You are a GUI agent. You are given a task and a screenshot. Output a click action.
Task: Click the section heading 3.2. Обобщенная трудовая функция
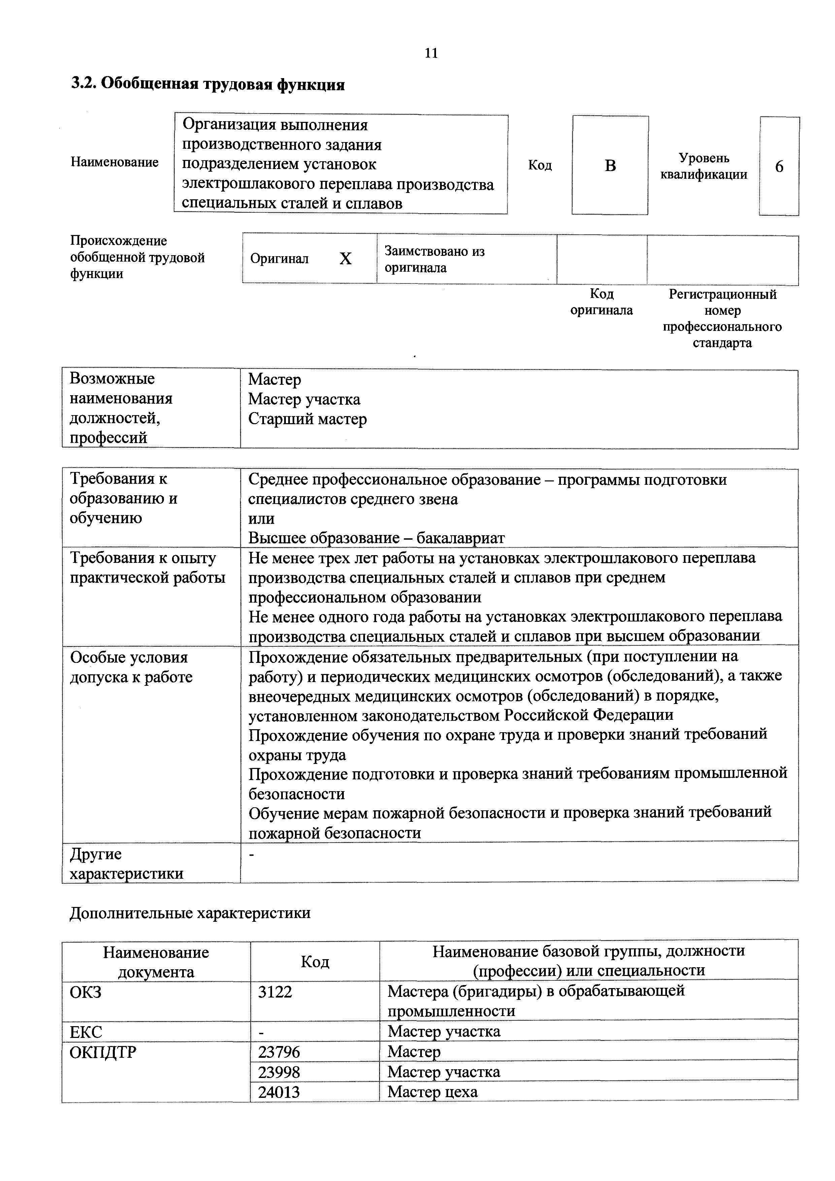pos(207,84)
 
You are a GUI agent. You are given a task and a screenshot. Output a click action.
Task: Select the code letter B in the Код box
pos(610,166)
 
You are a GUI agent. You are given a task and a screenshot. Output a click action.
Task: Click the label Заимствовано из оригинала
pos(435,259)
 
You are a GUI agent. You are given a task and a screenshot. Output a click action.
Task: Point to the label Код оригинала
pos(601,302)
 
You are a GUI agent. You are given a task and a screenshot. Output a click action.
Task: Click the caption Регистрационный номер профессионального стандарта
pos(722,318)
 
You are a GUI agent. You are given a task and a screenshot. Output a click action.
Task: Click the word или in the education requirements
pos(261,518)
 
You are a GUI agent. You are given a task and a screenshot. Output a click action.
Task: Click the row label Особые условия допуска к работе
pos(131,667)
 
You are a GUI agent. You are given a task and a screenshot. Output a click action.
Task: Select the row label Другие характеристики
pos(127,864)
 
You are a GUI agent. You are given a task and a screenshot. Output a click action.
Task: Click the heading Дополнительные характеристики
pos(190,913)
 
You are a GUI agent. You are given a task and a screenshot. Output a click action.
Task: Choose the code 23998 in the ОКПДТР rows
pos(279,1072)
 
